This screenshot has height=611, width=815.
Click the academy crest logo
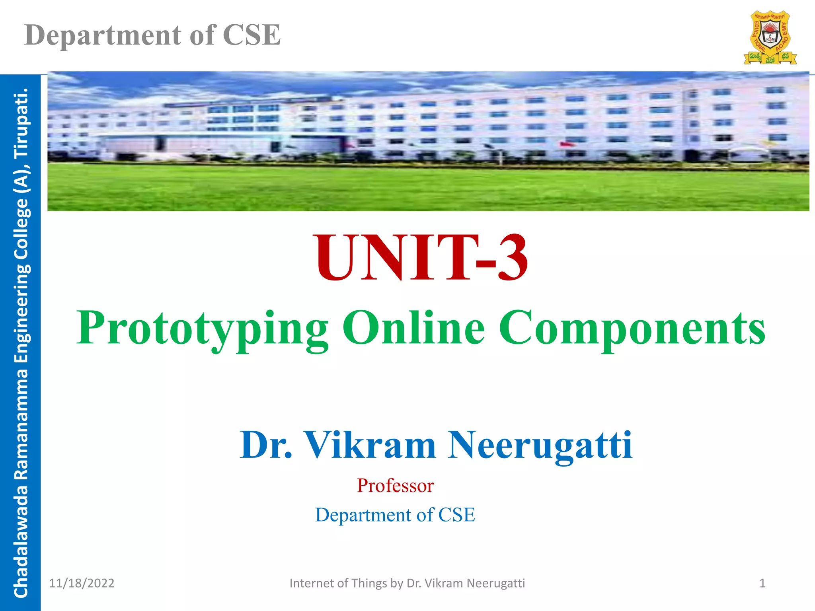[770, 38]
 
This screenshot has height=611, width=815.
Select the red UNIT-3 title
[422, 258]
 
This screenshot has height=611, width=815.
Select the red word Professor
[395, 486]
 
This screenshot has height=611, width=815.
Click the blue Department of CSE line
[395, 515]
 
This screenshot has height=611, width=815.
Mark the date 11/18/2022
[82, 583]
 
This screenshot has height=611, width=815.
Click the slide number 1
[762, 583]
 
